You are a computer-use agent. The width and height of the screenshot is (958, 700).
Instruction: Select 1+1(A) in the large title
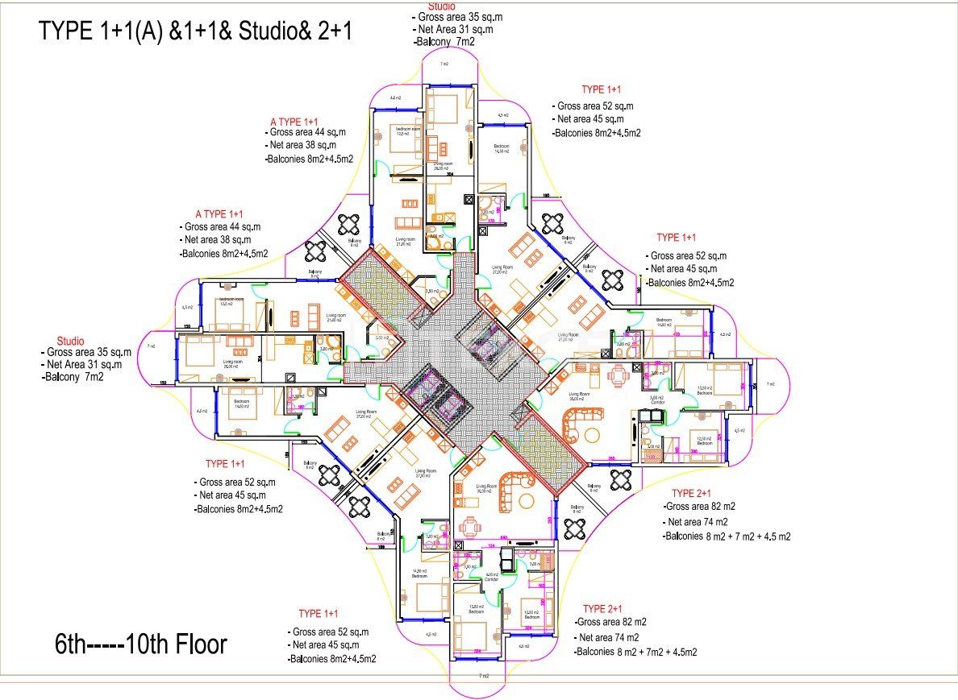pos(124,31)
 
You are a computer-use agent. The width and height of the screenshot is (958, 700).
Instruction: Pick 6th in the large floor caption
pos(71,644)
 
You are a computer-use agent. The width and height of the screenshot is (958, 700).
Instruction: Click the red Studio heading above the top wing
pos(441,6)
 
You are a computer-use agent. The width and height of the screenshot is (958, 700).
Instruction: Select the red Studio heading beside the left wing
pos(70,342)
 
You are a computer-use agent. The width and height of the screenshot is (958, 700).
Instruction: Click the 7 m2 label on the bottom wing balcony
pos(483,675)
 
